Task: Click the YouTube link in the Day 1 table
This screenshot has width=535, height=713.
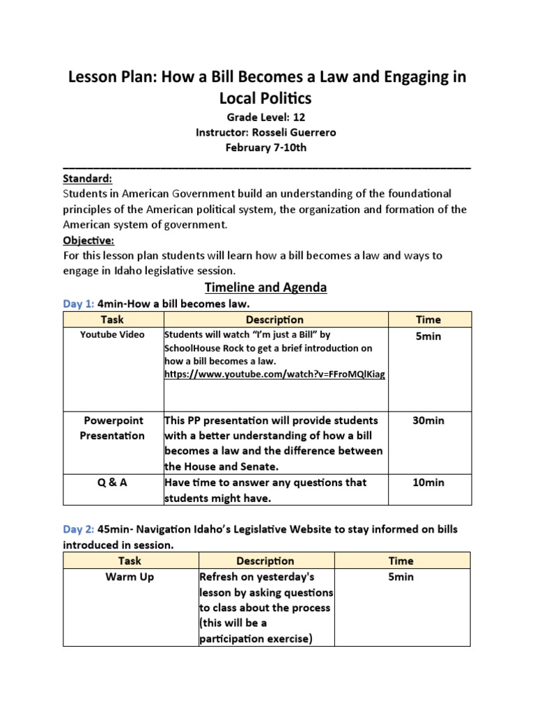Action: point(274,375)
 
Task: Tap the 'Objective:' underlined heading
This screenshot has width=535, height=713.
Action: point(88,240)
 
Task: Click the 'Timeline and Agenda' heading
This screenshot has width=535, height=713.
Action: point(265,287)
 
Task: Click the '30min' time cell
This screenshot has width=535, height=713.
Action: point(428,421)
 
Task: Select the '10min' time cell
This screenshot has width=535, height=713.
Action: point(428,483)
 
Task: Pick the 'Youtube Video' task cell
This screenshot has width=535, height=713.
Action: point(112,335)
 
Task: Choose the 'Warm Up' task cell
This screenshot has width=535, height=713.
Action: point(130,577)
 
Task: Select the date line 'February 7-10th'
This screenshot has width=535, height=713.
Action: point(267,148)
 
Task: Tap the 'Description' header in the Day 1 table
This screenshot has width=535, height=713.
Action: point(274,320)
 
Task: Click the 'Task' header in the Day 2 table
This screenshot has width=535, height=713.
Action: point(130,561)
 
